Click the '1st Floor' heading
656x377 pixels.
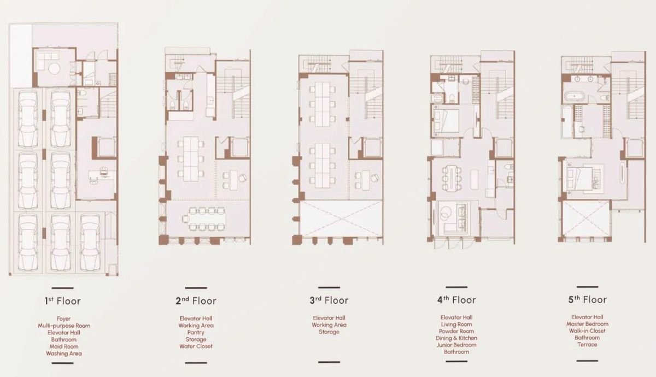click(x=63, y=301)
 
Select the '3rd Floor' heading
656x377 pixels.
click(x=329, y=301)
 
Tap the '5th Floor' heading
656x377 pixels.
click(x=588, y=300)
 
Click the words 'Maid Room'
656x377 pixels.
click(x=64, y=346)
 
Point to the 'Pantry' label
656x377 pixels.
click(x=196, y=333)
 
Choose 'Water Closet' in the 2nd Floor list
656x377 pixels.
click(x=196, y=346)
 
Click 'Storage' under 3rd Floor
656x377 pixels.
click(x=329, y=332)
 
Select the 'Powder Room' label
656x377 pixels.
click(x=456, y=331)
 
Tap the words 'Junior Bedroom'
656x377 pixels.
click(x=456, y=345)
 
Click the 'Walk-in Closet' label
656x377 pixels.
click(x=587, y=331)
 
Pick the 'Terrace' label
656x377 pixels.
click(x=587, y=345)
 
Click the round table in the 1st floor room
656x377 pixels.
click(x=54, y=69)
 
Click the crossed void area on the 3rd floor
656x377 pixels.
click(x=341, y=219)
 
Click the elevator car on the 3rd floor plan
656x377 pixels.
click(x=373, y=148)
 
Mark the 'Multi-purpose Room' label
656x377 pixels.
click(x=64, y=326)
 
